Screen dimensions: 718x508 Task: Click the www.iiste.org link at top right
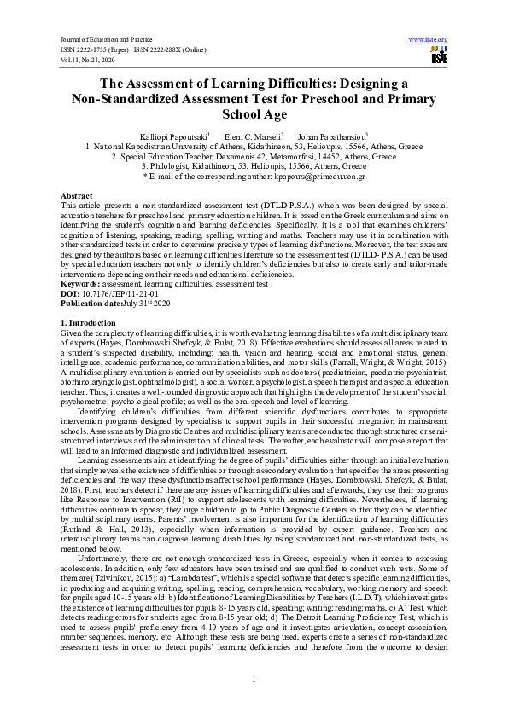pos(429,39)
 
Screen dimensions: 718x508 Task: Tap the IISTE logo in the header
pos(439,56)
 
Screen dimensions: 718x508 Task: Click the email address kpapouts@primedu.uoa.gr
pos(314,177)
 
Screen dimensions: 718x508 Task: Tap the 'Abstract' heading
pos(77,196)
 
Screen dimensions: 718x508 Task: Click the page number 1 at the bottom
pos(254,679)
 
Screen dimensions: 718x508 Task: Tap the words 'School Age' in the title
pos(254,113)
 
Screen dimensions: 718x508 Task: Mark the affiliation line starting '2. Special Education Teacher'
pos(254,157)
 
